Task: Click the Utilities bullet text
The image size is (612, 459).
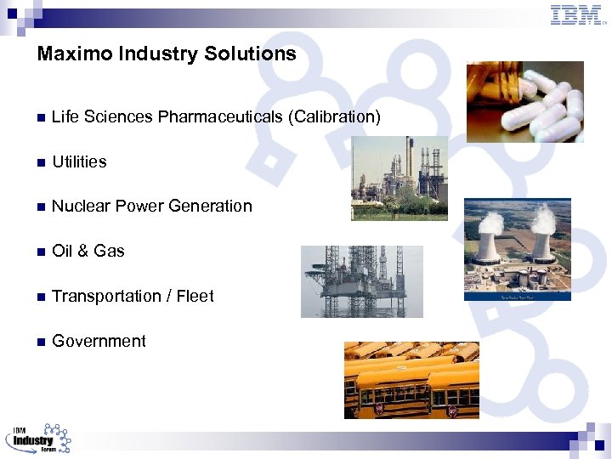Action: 79,161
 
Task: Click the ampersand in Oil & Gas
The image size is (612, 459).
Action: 82,251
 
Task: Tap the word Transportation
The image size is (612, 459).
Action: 105,296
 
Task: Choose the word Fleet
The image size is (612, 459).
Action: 195,296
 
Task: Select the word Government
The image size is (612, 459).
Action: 99,341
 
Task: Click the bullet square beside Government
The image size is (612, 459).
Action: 40,342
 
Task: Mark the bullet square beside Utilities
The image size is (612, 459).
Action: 40,162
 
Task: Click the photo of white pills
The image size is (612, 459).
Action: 525,101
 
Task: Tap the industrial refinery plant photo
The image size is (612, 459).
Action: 399,178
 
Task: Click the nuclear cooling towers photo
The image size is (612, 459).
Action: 517,249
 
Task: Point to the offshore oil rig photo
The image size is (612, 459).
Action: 349,281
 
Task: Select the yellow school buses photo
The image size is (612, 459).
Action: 411,380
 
